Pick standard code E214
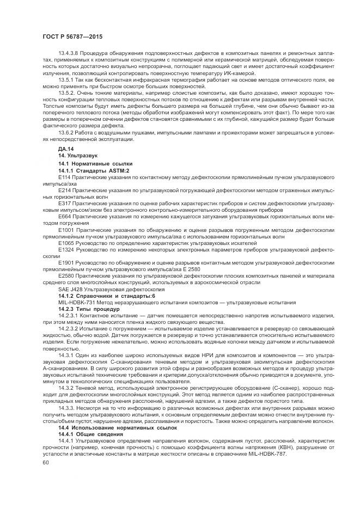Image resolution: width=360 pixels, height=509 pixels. [x=64, y=191]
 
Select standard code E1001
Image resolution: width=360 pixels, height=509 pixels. [x=66, y=230]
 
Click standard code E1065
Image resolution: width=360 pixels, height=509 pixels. [x=66, y=243]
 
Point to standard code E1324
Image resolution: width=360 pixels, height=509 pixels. [x=66, y=250]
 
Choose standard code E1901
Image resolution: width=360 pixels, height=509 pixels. [x=66, y=263]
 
